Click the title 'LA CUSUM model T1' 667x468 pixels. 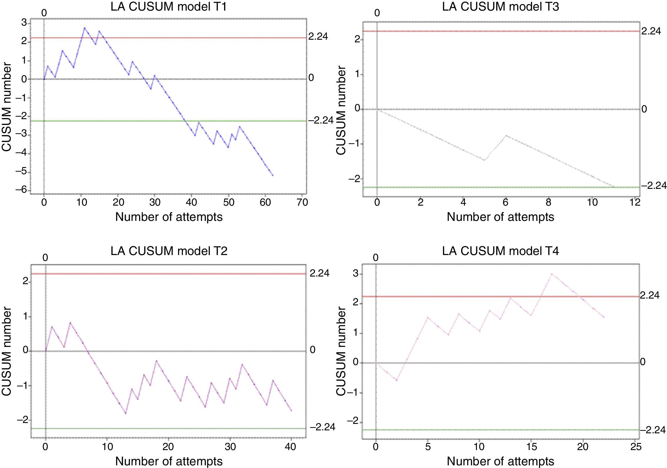coord(169,6)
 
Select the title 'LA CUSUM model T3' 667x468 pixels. coord(500,6)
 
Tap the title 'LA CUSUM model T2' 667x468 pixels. coord(169,251)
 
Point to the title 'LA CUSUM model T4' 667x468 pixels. coord(500,251)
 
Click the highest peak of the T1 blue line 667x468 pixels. coord(85,28)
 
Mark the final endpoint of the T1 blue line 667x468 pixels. coord(273,176)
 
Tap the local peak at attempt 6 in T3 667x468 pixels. coord(506,136)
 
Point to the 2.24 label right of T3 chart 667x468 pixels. coord(651,31)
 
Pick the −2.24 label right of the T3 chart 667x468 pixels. coord(653,185)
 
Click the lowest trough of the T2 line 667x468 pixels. coord(126,413)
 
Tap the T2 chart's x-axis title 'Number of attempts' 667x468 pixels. coord(169,461)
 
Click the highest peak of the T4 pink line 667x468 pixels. coord(552,274)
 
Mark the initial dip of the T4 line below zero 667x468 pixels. coord(397,380)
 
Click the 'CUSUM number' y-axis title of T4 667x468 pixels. coord(341,351)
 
